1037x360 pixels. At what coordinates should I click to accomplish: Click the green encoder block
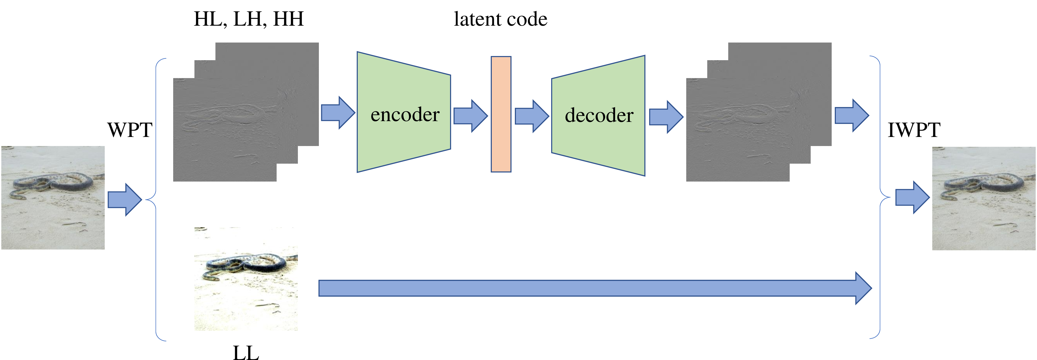404,112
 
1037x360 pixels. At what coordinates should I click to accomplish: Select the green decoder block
598,116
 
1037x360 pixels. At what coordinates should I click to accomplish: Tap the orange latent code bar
501,114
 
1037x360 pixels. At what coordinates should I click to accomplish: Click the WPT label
130,130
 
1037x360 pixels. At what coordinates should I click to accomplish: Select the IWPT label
914,130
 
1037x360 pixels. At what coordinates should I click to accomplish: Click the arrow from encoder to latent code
471,116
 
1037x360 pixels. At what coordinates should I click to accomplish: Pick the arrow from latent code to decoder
532,116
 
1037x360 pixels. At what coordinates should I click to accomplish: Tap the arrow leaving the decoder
666,117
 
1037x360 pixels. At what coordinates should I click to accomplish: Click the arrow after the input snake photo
125,200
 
